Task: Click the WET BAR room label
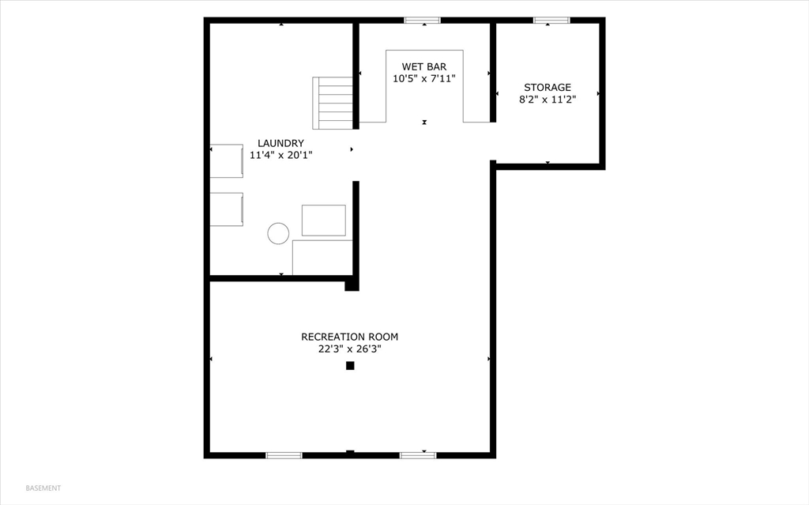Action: tap(424, 66)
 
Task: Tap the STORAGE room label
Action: tap(547, 87)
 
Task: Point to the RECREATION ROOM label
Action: tap(348, 336)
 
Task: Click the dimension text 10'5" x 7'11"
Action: tap(424, 78)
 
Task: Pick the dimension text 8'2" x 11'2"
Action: tap(547, 100)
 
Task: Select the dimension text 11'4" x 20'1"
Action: tap(280, 156)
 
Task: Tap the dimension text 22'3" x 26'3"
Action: tap(348, 349)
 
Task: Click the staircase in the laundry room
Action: tap(333, 103)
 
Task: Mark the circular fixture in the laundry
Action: tap(278, 233)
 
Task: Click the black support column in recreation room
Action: tap(350, 366)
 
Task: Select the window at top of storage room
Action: tap(551, 21)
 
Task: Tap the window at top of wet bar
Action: tap(423, 21)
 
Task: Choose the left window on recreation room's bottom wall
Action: tap(284, 455)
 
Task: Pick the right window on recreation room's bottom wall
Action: tap(418, 455)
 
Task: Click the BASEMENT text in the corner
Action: tap(43, 488)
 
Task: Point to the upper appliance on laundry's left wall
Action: tap(227, 160)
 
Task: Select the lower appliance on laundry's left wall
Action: tap(227, 209)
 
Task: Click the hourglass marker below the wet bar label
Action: tap(424, 122)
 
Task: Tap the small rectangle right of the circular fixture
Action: tap(324, 220)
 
